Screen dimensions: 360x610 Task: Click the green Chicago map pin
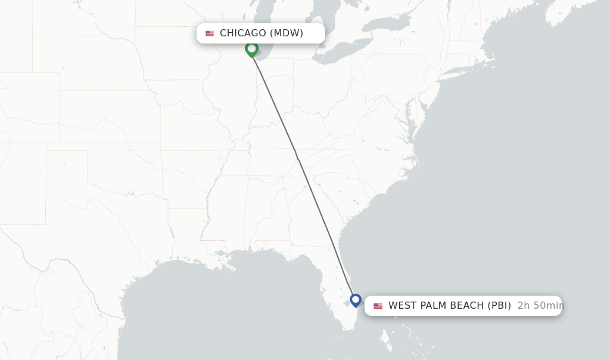(251, 49)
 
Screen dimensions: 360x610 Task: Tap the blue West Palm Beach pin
(356, 299)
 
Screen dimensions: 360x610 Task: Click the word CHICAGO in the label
(243, 33)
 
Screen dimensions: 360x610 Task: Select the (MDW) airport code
(287, 33)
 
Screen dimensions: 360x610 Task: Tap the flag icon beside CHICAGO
(210, 33)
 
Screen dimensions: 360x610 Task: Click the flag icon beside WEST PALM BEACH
(378, 306)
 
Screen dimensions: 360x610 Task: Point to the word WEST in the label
(403, 306)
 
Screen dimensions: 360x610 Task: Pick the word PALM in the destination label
(435, 306)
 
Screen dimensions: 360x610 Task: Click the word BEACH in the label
(469, 306)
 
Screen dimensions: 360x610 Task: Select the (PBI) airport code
(499, 306)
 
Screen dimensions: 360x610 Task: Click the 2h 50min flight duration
(540, 306)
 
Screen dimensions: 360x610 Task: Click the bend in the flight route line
(297, 157)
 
